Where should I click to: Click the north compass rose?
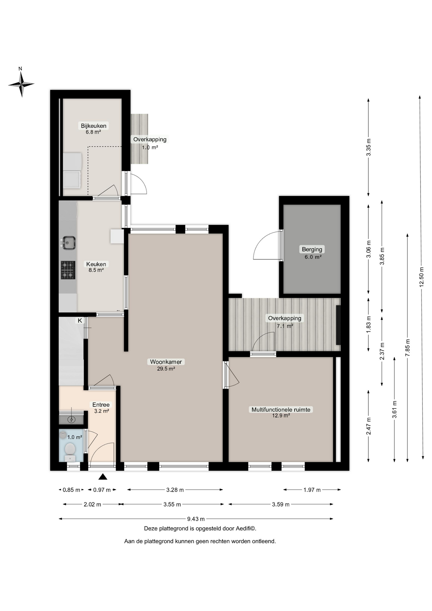pos(21,84)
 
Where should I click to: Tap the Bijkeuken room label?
pos(94,126)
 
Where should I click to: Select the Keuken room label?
pos(96,264)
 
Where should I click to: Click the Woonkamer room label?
pos(166,362)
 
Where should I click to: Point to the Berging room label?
pos(312,249)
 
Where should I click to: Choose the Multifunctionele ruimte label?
pos(281,410)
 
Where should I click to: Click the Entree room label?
pos(101,405)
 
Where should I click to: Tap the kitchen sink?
pos(68,243)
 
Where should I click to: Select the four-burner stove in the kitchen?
pos(68,270)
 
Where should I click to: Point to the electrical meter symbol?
pos(72,420)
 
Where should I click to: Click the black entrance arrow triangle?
pos(103,476)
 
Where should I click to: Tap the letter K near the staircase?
pos(80,320)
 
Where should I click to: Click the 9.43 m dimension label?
pos(196,519)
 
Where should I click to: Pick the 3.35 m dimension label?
pos(369,148)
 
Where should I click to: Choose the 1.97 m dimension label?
pos(312,490)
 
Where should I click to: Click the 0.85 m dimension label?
pos(71,490)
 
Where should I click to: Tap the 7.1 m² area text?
pos(285,326)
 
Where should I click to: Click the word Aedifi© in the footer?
pos(246,529)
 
